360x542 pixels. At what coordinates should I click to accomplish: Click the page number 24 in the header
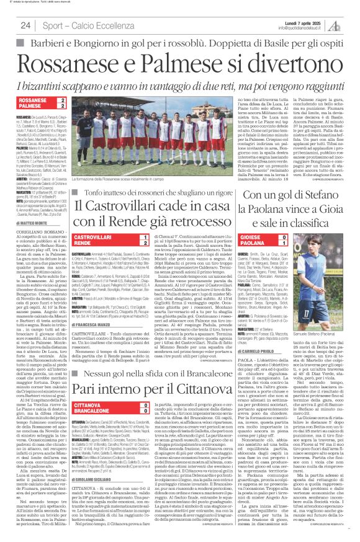[x=25, y=25]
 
